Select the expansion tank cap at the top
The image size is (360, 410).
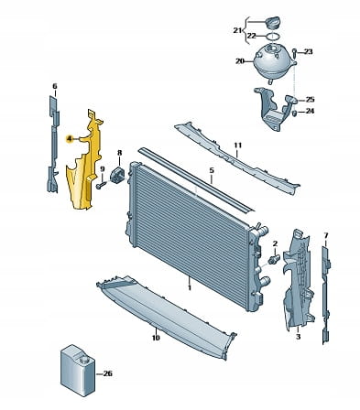(274, 24)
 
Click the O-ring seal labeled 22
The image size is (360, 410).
(272, 37)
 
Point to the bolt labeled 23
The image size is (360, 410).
(294, 53)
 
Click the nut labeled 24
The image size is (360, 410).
(295, 113)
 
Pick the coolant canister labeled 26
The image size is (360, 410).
(78, 370)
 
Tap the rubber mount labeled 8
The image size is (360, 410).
(117, 176)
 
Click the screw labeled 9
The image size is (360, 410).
(101, 185)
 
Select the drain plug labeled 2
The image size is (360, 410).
(274, 259)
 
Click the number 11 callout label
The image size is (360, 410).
(238, 146)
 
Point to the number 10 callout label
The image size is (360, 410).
(156, 338)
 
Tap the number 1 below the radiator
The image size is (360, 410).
(190, 287)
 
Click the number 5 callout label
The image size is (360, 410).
(212, 170)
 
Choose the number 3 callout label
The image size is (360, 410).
(298, 337)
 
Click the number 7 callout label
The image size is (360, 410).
(326, 235)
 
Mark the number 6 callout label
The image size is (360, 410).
(55, 86)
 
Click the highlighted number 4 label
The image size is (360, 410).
(70, 139)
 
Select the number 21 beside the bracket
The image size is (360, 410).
(237, 30)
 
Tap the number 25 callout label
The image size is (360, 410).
(310, 100)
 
